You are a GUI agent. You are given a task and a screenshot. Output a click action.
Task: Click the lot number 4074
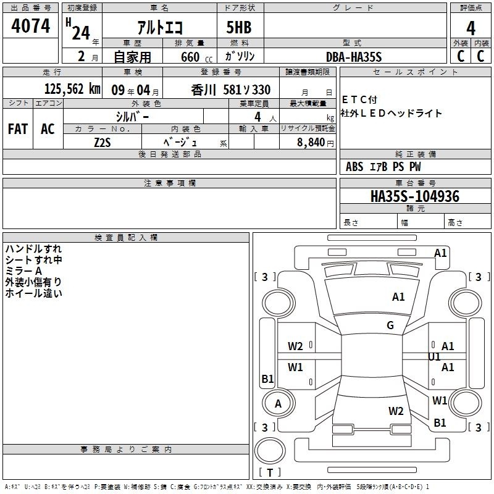coord(30,26)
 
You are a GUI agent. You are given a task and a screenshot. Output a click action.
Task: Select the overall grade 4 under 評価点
coord(471,28)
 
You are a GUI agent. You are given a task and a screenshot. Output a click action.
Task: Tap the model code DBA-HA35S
coord(354,57)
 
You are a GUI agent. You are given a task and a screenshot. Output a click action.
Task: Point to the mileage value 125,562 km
coord(72,89)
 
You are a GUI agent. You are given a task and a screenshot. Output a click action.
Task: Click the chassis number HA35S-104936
coord(415,196)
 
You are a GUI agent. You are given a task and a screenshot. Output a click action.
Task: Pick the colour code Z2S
coord(103,143)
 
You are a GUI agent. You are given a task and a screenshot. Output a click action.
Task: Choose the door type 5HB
coord(239,27)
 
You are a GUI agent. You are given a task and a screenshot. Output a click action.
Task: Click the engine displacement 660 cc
coord(196,57)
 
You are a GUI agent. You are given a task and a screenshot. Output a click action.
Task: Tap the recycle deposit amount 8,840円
coord(316,143)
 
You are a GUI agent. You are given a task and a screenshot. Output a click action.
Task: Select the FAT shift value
coord(18,129)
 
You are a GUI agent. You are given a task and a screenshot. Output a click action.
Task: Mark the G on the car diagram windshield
coord(390,325)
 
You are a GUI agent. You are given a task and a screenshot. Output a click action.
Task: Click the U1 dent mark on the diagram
coord(434,357)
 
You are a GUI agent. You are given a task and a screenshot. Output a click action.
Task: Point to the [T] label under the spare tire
coord(270,472)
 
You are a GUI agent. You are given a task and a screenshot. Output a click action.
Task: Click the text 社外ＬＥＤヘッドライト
coord(391,113)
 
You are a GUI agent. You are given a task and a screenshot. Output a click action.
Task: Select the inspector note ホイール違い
coord(34,293)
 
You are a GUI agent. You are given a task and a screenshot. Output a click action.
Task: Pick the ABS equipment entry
coord(354,167)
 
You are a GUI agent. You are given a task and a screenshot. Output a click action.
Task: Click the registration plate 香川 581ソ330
coord(231,90)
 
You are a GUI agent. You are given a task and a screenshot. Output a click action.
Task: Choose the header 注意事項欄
coord(170,183)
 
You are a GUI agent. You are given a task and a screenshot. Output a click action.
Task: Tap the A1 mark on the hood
coord(398,297)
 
